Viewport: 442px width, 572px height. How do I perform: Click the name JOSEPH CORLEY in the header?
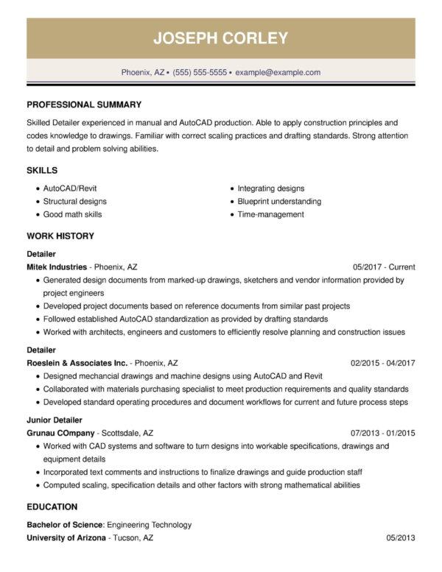221,38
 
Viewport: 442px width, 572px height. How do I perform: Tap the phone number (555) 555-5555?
200,73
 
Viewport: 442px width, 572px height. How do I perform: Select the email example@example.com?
278,73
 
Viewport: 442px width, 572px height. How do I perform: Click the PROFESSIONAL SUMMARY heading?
84,105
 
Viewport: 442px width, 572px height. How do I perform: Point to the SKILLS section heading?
42,170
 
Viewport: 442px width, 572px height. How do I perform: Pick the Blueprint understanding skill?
279,201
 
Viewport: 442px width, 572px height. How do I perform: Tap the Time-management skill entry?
270,214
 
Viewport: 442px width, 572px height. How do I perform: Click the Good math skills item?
73,214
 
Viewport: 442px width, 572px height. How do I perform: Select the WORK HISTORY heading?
60,236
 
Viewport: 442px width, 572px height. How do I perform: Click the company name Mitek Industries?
57,267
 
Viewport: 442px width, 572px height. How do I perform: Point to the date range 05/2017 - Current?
384,267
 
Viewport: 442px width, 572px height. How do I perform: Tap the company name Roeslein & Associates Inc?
77,363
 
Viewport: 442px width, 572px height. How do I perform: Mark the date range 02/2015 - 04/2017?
383,363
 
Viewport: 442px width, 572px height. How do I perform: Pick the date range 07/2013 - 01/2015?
383,433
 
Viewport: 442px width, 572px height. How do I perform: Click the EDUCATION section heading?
52,507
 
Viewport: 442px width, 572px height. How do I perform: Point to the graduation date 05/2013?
401,539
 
